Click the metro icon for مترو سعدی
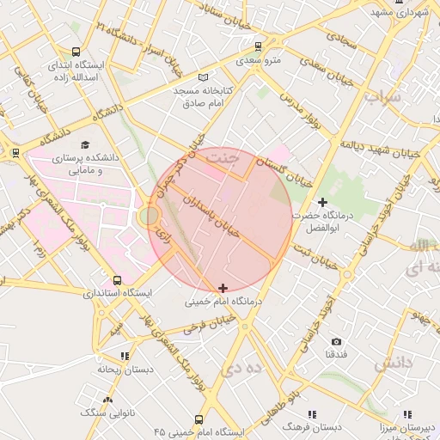(258, 46)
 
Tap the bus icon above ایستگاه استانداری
(118, 280)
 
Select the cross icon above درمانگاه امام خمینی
(223, 288)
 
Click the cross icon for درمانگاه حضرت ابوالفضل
(322, 201)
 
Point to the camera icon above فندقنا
(336, 341)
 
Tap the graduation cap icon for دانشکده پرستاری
(84, 144)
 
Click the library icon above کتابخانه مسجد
(203, 77)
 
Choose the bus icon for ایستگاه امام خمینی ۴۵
(199, 419)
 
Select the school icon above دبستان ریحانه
(125, 356)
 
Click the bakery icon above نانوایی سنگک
(107, 400)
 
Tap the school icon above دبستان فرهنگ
(311, 413)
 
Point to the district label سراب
(382, 96)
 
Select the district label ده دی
(243, 369)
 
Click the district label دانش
(394, 363)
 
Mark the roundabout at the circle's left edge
(149, 216)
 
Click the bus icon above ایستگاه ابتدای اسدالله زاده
(76, 52)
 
